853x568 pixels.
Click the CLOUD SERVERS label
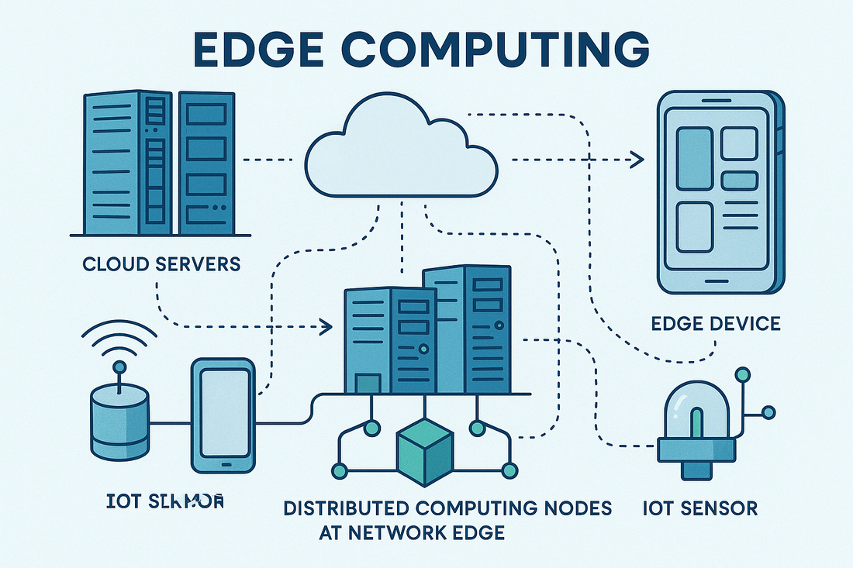161,264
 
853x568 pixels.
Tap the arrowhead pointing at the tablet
637,160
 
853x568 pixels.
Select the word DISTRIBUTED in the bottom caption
344,509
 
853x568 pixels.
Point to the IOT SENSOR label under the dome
700,509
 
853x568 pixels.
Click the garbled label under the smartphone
164,502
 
